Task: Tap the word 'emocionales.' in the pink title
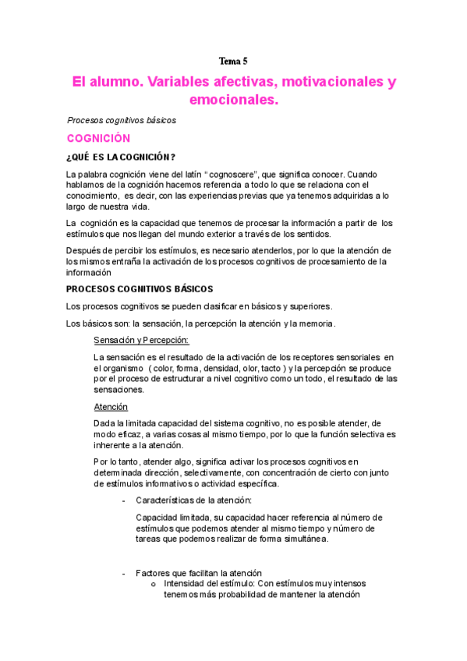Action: pos(233,101)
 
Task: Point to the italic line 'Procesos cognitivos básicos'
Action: pos(122,121)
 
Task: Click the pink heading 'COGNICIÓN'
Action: pos(98,138)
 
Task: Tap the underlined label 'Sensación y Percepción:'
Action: pos(140,340)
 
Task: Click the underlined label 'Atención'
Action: pos(111,407)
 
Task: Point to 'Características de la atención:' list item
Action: pos(193,500)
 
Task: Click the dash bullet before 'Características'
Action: pos(125,500)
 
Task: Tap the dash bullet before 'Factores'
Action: pos(125,573)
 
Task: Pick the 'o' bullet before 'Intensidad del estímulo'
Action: pos(153,584)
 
